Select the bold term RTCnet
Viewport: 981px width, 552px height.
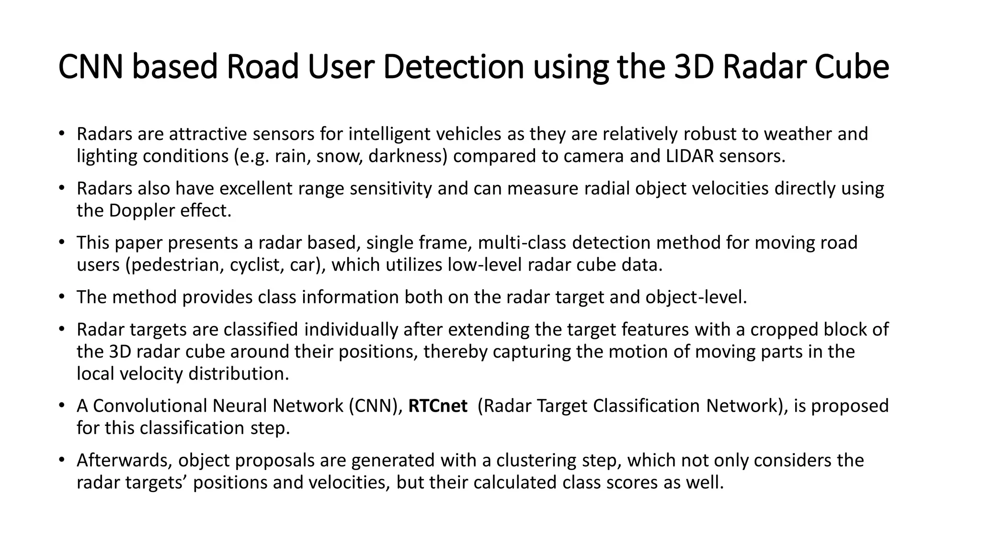437,406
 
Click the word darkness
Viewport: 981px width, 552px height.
408,156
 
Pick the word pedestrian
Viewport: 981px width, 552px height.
174,265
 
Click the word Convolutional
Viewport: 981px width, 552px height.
150,406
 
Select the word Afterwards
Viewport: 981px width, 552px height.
124,460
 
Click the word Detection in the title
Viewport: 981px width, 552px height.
453,67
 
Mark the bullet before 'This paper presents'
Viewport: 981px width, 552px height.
61,242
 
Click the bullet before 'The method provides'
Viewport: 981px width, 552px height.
61,297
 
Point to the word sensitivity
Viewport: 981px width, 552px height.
391,189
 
